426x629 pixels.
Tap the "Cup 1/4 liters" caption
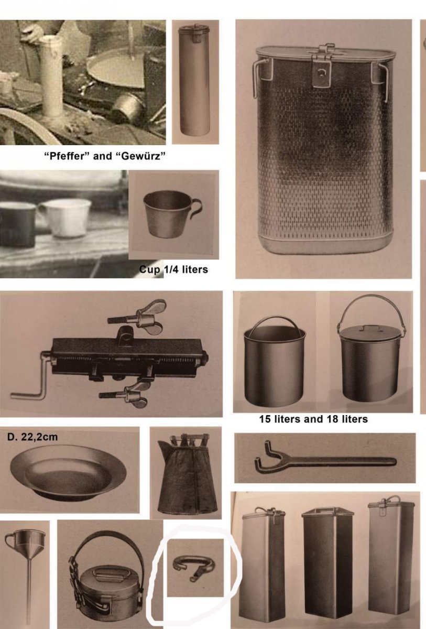click(x=173, y=269)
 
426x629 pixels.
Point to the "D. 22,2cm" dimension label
click(x=32, y=437)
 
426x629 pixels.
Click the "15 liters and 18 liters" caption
click(x=313, y=419)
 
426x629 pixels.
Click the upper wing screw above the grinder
click(x=141, y=317)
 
